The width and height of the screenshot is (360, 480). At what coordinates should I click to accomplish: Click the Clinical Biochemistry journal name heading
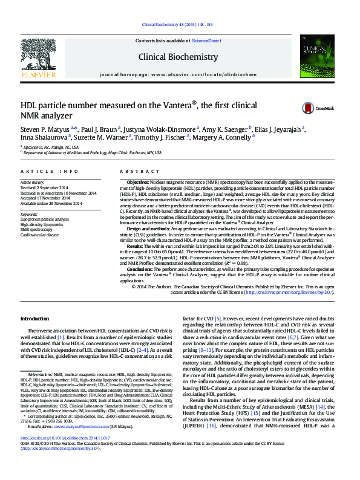point(178,57)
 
